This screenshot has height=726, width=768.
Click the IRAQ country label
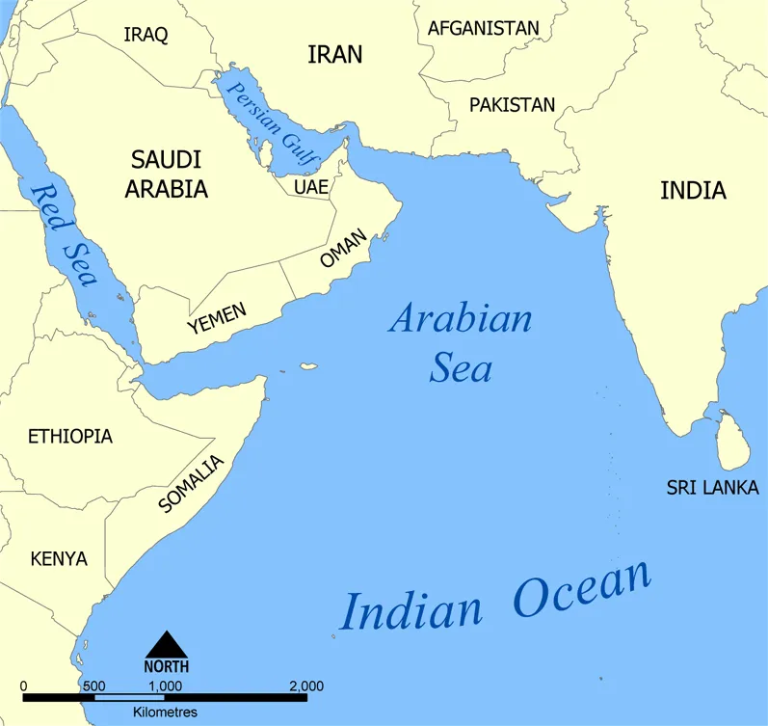146,36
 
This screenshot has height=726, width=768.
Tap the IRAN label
334,56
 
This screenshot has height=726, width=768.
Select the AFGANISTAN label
483,28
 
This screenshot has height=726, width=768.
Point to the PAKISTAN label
512,105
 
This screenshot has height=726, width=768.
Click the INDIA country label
693,191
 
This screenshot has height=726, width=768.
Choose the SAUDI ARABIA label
166,174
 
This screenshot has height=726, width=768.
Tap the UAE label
311,187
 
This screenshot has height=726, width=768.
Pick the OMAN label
344,250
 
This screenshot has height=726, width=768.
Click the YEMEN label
217,318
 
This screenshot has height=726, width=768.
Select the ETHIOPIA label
70,437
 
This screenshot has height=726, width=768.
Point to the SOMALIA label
190,484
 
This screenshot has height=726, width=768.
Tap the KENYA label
59,559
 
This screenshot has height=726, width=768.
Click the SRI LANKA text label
712,488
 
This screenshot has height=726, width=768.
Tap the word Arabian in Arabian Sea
460,318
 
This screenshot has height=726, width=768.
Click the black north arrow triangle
167,645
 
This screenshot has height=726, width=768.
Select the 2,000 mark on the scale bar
305,686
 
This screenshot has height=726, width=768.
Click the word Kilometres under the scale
166,713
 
